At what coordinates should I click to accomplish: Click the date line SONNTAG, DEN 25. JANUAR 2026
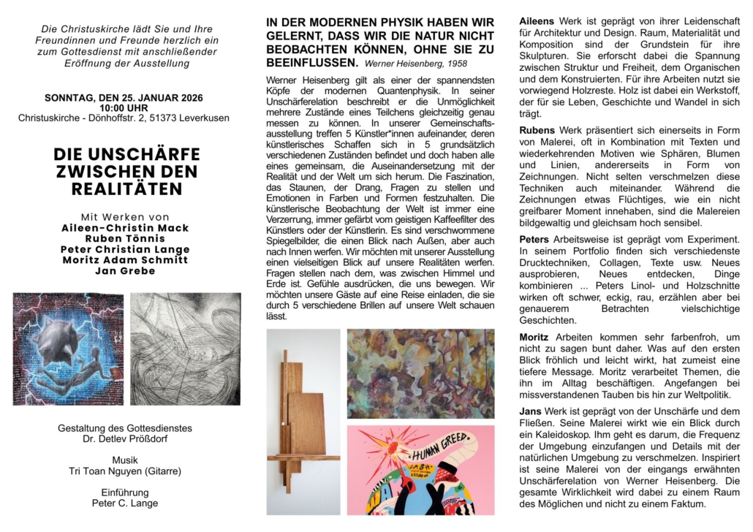tap(124, 97)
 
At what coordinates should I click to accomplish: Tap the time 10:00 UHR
tap(124, 107)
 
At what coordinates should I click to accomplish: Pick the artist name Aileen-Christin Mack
tap(124, 228)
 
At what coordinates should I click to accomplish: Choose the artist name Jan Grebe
tap(124, 271)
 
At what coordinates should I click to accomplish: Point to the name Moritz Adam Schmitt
tap(124, 260)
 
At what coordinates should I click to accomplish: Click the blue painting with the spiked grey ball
tap(68, 349)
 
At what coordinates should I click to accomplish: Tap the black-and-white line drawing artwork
tap(185, 349)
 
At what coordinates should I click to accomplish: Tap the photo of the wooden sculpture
tap(303, 422)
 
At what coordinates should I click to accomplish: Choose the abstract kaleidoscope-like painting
tap(420, 373)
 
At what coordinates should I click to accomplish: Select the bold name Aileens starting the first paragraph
tap(537, 21)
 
